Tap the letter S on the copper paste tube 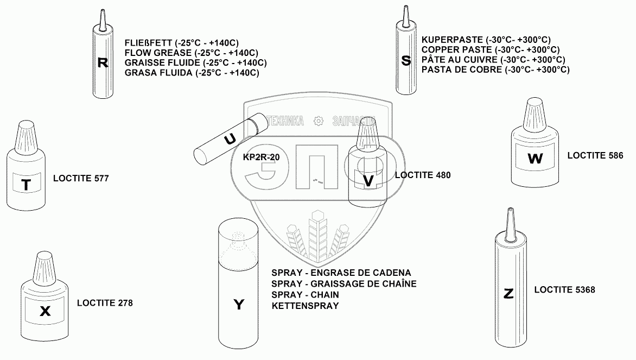tap(406, 60)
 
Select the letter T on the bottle tap(26, 185)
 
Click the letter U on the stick tap(230, 139)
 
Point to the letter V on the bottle tap(368, 181)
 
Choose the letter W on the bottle tap(535, 159)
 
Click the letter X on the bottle tap(46, 311)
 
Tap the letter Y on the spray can tap(239, 305)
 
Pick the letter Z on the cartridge tap(508, 294)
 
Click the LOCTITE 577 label tap(81, 178)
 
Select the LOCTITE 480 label tap(423, 175)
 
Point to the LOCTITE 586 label tap(595, 155)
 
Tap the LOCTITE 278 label tap(105, 303)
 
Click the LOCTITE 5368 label tap(564, 290)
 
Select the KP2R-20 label tap(263, 157)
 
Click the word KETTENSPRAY tap(305, 306)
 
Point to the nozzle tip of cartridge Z tap(509, 211)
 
